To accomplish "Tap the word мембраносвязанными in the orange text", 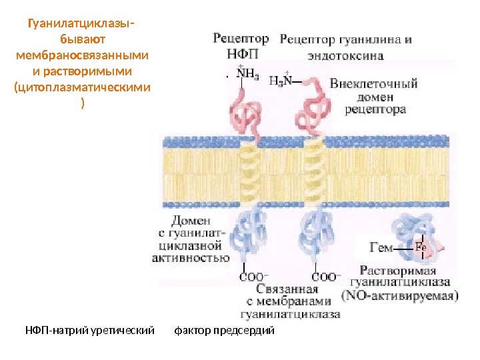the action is [x=82, y=55].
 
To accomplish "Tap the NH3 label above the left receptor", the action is [x=249, y=74].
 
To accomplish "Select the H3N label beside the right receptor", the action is [x=280, y=81].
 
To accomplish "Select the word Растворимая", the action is [x=399, y=271].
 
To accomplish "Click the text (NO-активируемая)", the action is [x=399, y=294].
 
